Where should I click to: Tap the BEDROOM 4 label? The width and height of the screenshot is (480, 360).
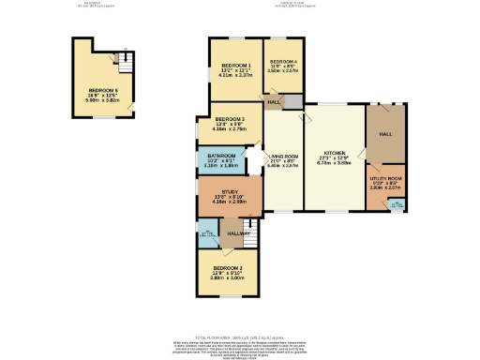283,62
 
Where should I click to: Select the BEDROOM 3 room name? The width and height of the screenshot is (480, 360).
230,120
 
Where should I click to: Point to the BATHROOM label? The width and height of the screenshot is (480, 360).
221,156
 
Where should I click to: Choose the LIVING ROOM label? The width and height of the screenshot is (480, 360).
283,156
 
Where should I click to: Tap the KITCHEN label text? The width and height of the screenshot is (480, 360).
335,152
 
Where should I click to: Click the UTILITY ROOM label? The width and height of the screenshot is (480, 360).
386,178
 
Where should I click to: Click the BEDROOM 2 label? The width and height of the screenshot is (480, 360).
230,267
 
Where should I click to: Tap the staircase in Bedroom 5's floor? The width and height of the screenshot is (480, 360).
120,59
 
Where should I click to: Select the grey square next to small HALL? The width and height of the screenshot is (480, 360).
293,101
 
